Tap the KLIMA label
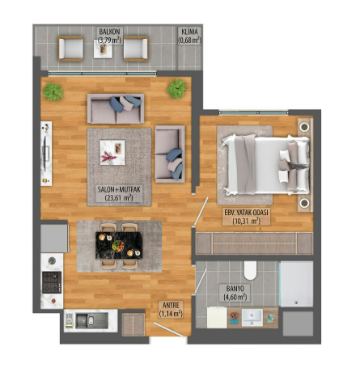[x=190, y=32]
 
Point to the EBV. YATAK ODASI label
[x=246, y=214]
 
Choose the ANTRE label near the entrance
[x=168, y=309]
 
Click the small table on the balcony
[x=104, y=51]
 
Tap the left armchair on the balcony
[x=70, y=51]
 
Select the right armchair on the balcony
[x=136, y=51]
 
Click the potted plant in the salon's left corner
[x=54, y=91]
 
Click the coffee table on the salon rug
[x=111, y=150]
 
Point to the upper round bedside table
[x=304, y=127]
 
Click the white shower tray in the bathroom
[x=295, y=284]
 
